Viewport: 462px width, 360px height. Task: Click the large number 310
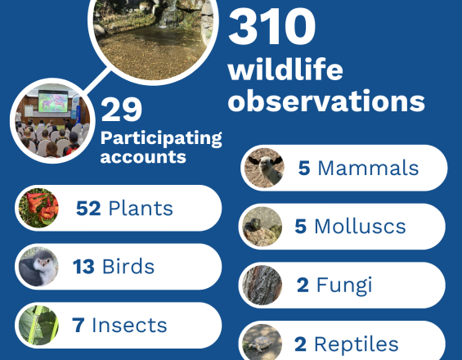(271, 26)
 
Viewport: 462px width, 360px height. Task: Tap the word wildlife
(285, 69)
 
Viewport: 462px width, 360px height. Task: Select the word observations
(326, 100)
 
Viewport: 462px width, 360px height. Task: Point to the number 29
(121, 110)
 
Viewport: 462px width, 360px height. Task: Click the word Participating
(161, 138)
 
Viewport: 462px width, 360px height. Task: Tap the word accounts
(143, 157)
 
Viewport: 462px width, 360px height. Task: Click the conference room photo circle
(52, 120)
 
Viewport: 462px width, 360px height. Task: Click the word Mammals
(368, 168)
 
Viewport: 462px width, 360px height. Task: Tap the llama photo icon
(264, 168)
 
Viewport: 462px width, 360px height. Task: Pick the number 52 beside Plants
(88, 209)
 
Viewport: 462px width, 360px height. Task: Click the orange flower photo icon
(38, 208)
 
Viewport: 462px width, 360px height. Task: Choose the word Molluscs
(360, 227)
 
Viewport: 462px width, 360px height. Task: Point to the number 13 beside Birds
(83, 267)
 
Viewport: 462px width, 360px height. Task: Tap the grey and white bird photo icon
(38, 267)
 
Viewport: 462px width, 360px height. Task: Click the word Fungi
(344, 286)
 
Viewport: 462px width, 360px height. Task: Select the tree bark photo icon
(262, 285)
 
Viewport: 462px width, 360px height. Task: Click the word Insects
(129, 325)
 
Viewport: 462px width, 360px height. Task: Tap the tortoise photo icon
(262, 343)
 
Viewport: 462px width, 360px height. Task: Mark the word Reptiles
(357, 344)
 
